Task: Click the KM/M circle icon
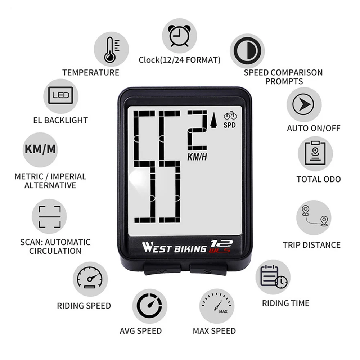40,149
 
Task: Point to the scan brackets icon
49,217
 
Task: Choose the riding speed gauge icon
90,279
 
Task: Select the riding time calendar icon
273,277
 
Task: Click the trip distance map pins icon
314,217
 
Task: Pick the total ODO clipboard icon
315,153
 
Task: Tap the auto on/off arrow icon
304,104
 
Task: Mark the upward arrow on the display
213,121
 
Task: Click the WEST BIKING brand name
174,248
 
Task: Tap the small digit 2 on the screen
197,131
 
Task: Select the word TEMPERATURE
91,72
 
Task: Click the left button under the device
162,270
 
